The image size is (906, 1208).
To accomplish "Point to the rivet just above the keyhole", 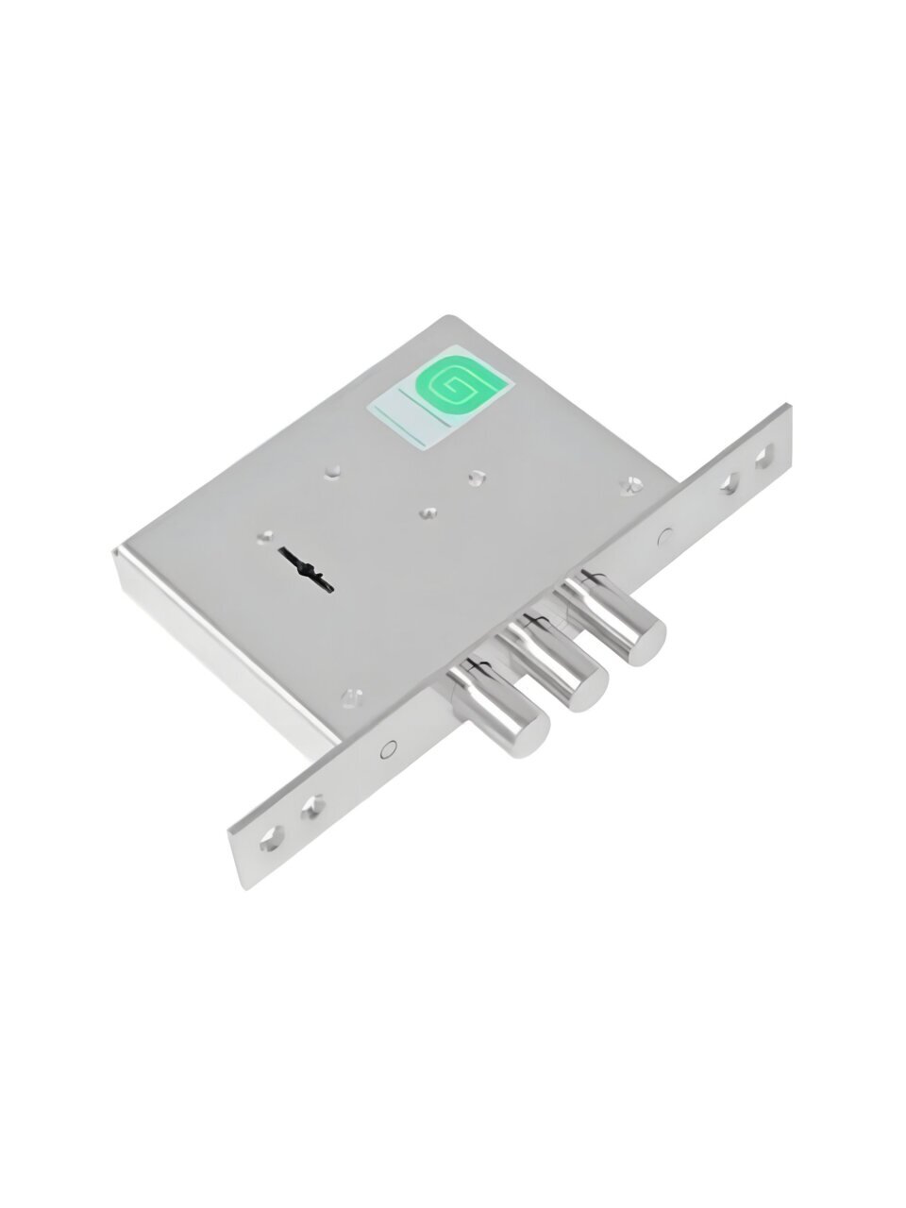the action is point(268,535).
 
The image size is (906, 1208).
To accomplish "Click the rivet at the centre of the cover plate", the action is point(428,512).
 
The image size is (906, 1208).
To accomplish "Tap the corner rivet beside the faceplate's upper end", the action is point(630,484).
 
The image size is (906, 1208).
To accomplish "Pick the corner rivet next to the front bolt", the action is point(351,696).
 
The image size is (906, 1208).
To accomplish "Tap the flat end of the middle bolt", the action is point(589,690).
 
